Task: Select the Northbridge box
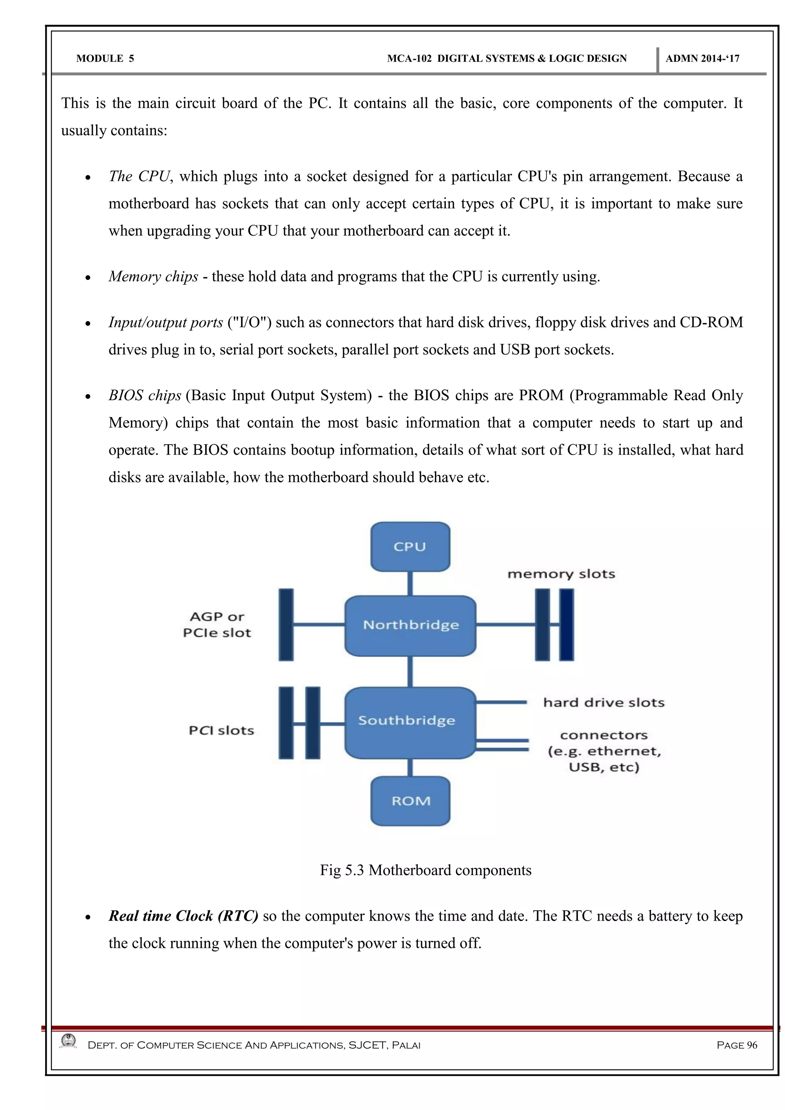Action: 411,625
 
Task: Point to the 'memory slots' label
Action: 561,574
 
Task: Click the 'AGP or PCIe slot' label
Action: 217,625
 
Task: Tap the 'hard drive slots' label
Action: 604,703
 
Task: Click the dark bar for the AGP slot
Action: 286,625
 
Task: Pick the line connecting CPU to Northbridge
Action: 410,583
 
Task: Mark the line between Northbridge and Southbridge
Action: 410,672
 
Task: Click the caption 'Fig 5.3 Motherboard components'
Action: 425,870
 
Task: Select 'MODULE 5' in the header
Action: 105,59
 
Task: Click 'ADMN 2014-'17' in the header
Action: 702,59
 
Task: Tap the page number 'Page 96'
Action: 737,1045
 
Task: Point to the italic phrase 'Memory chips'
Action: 153,276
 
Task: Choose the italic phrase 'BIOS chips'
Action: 145,396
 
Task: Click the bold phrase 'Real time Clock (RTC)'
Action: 183,916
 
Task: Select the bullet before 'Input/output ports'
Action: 87,324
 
